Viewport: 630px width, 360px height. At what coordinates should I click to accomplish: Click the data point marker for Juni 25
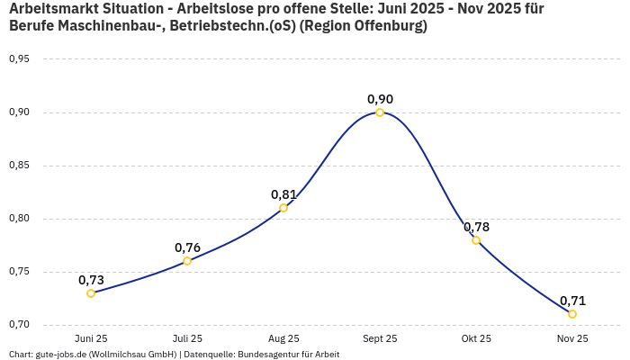pyautogui.click(x=91, y=293)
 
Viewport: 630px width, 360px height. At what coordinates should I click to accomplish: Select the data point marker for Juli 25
pyautogui.click(x=187, y=261)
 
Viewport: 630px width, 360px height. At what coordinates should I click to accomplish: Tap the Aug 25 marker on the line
pyautogui.click(x=283, y=208)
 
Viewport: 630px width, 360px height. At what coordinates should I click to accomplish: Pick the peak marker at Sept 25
pyautogui.click(x=380, y=112)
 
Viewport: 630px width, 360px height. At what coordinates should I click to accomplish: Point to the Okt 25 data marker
pyautogui.click(x=476, y=240)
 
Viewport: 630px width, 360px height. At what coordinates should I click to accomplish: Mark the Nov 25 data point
pyautogui.click(x=572, y=314)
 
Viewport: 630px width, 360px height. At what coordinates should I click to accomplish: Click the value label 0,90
pyautogui.click(x=380, y=99)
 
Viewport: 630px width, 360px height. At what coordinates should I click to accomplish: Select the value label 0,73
pyautogui.click(x=91, y=280)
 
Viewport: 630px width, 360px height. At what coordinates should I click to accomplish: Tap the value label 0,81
pyautogui.click(x=283, y=194)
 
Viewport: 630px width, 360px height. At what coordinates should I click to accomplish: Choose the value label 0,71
pyautogui.click(x=572, y=301)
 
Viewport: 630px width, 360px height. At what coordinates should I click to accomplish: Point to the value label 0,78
pyautogui.click(x=476, y=227)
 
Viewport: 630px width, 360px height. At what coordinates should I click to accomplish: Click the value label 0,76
pyautogui.click(x=187, y=247)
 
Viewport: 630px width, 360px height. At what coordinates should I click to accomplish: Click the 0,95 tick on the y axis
pyautogui.click(x=19, y=59)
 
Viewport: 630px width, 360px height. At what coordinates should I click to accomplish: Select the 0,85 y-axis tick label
pyautogui.click(x=19, y=166)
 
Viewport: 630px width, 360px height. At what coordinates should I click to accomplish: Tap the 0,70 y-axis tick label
pyautogui.click(x=19, y=325)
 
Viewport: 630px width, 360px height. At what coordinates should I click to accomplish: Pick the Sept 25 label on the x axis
pyautogui.click(x=380, y=339)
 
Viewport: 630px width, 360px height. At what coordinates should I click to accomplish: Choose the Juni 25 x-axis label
pyautogui.click(x=91, y=339)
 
